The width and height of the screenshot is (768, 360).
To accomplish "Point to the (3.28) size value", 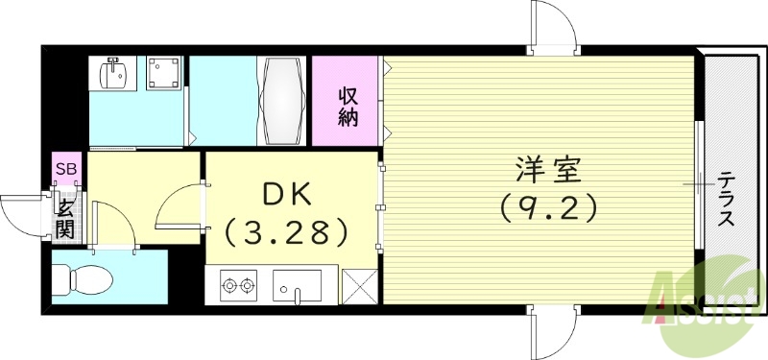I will click(x=285, y=231).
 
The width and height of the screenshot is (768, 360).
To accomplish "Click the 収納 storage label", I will click(x=348, y=108).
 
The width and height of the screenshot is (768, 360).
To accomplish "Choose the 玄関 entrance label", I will click(x=65, y=217).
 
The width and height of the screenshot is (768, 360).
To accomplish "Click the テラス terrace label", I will click(x=727, y=199).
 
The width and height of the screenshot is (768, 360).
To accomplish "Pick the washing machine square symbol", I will click(x=163, y=74).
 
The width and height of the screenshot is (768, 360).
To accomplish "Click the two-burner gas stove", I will click(x=238, y=284).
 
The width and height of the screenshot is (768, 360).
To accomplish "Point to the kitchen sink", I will click(x=298, y=286).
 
